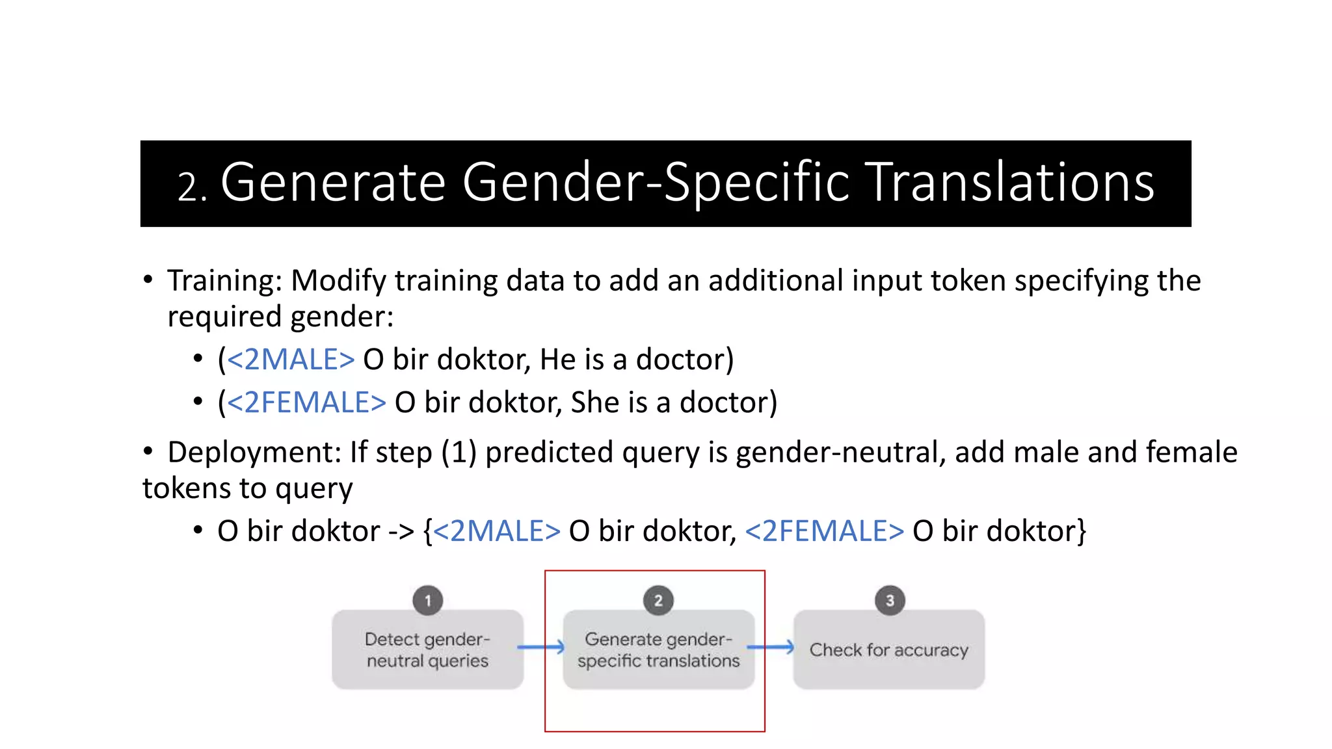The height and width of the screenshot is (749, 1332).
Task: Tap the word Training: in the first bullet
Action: point(224,281)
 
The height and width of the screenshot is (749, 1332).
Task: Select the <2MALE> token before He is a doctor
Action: point(291,360)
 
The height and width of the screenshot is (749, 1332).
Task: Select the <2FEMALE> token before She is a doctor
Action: point(306,402)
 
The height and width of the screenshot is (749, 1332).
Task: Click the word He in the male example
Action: point(557,360)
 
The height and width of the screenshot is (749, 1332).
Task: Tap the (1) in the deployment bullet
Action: point(459,453)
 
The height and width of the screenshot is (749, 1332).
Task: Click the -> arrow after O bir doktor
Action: point(401,532)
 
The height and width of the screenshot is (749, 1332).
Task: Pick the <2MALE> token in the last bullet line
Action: point(496,532)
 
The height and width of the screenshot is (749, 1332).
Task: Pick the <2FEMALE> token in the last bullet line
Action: point(824,532)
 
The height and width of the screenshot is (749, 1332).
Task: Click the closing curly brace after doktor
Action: point(1081,532)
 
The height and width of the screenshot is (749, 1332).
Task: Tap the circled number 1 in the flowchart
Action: point(427,600)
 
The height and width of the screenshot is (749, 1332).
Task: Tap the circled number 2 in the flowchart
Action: point(658,600)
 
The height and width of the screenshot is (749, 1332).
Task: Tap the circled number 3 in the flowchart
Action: point(889,600)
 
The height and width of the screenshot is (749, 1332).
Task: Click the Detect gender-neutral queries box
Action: point(427,650)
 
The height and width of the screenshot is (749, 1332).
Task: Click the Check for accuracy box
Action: point(888,650)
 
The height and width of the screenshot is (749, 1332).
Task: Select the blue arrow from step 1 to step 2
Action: point(541,647)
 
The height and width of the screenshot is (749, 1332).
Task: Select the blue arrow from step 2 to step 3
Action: point(771,647)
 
